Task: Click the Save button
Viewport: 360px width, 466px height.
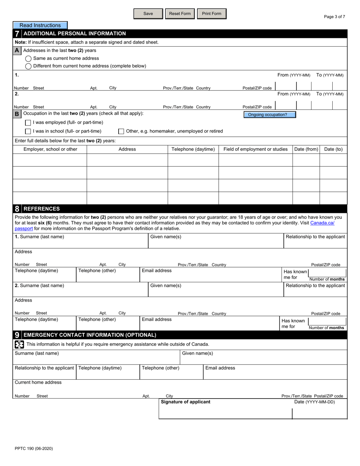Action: click(x=148, y=14)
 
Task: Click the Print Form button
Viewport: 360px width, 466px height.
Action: click(x=211, y=14)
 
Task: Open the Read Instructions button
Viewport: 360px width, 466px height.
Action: click(x=40, y=25)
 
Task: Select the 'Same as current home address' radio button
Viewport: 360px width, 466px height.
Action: click(x=28, y=59)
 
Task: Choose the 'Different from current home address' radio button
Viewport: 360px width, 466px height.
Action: click(x=28, y=66)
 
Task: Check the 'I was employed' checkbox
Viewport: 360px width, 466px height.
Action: click(x=28, y=123)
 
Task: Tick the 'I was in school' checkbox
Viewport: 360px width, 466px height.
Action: click(x=28, y=131)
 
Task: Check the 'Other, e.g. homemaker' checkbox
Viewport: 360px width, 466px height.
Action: click(x=121, y=131)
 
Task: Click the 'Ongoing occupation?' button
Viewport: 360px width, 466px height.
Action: click(x=269, y=115)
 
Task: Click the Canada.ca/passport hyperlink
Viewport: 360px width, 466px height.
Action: click(x=322, y=223)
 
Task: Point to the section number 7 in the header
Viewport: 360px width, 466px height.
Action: click(x=17, y=34)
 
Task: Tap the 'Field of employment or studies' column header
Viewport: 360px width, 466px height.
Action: click(x=255, y=149)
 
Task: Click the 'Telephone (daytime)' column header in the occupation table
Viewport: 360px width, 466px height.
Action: click(x=193, y=149)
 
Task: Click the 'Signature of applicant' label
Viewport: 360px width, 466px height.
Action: click(x=186, y=402)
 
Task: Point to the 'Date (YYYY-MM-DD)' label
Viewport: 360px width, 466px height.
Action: click(x=315, y=402)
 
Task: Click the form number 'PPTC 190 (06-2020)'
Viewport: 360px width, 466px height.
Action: click(x=34, y=449)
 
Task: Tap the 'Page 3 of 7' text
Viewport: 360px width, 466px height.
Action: click(x=334, y=17)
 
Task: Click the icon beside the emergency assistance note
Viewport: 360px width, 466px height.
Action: click(x=19, y=344)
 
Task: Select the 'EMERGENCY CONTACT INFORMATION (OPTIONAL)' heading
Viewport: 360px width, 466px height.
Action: click(x=90, y=335)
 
